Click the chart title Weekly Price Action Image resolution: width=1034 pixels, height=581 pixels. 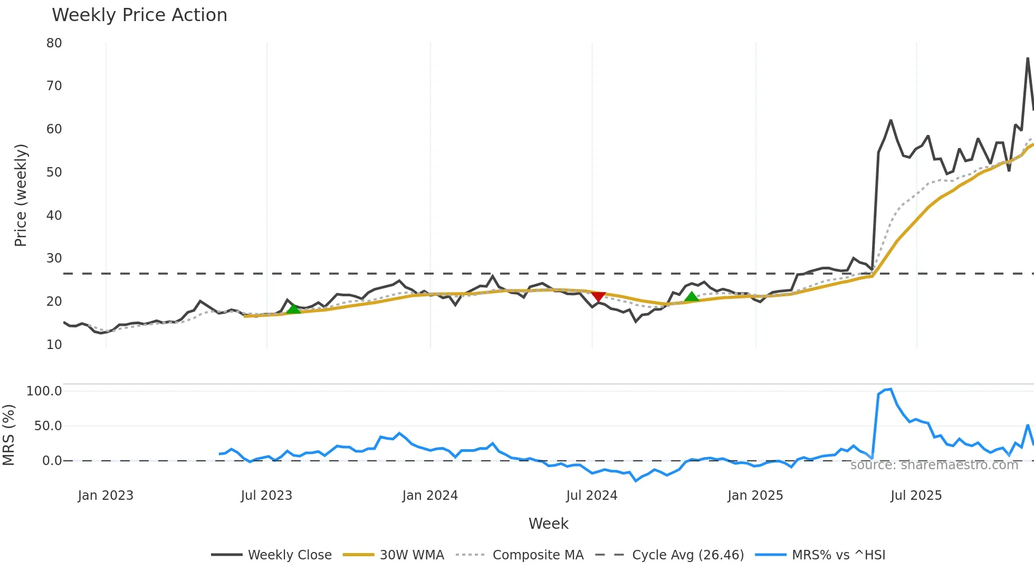[x=139, y=15]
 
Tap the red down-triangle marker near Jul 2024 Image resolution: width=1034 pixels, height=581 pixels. [x=598, y=296]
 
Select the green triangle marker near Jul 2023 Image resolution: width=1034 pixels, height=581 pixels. [x=293, y=309]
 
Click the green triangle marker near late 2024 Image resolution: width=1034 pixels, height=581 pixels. [x=692, y=297]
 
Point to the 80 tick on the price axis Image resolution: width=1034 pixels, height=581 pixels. [x=54, y=43]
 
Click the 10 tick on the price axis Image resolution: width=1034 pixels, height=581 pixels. [x=54, y=345]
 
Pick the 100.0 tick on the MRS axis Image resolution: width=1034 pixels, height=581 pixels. [x=44, y=391]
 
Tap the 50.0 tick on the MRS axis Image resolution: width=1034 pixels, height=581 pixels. [x=48, y=426]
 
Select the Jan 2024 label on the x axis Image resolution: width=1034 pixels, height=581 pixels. [x=430, y=496]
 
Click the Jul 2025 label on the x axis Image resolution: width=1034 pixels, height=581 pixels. [x=916, y=496]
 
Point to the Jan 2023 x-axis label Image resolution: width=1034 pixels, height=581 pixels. [x=106, y=496]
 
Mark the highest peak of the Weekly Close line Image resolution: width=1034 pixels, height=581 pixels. [x=1028, y=59]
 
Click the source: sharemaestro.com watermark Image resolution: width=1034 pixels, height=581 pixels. [x=934, y=465]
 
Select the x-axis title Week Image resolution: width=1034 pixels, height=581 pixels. [x=548, y=524]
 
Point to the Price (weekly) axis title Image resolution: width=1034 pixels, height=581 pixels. [x=21, y=195]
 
